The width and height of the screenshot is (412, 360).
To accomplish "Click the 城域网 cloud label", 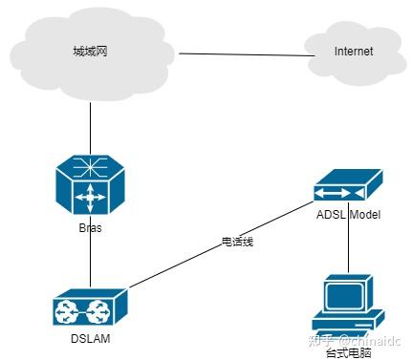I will [x=89, y=51].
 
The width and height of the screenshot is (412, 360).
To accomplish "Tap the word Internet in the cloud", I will [x=353, y=52].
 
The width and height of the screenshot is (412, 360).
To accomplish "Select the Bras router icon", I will [x=90, y=187].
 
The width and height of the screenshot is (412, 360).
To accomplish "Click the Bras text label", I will [x=90, y=228].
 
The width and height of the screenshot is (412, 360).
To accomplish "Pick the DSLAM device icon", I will [x=89, y=307].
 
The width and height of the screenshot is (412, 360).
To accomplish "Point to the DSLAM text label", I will [x=87, y=338].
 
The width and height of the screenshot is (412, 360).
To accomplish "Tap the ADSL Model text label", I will [x=348, y=215].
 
